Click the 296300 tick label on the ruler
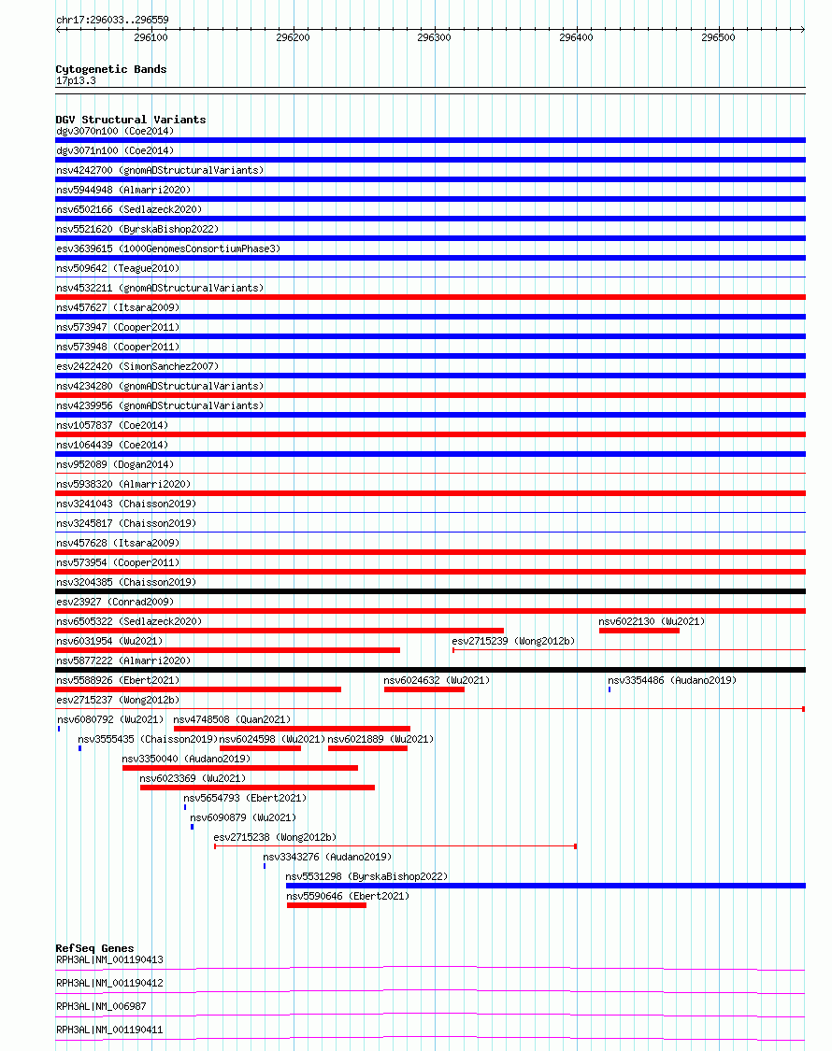click(x=434, y=38)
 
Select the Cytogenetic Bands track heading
click(x=111, y=69)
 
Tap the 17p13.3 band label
click(x=76, y=81)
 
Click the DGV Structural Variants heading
click(x=131, y=120)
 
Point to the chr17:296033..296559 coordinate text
click(x=112, y=20)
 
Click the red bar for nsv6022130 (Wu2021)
click(x=639, y=631)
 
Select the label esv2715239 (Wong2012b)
click(x=513, y=641)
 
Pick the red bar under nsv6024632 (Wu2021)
click(x=423, y=689)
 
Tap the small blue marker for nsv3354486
click(x=610, y=689)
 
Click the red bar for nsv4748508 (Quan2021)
click(x=292, y=729)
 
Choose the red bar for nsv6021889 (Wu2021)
click(x=367, y=748)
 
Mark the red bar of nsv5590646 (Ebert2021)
click(x=326, y=905)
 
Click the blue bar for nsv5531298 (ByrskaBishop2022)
click(x=545, y=886)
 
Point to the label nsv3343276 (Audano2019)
click(x=327, y=857)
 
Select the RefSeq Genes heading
click(x=94, y=948)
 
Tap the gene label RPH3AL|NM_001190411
click(x=109, y=1030)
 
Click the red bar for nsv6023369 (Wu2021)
click(x=257, y=788)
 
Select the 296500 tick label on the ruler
click(x=718, y=38)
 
